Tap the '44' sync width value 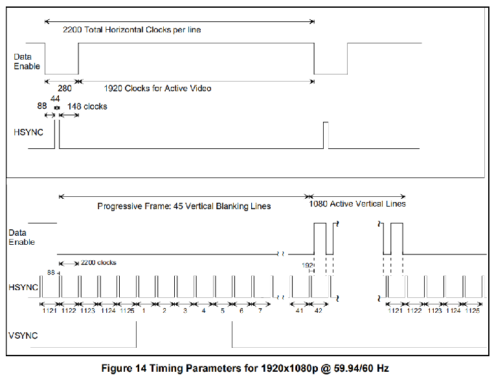(55, 98)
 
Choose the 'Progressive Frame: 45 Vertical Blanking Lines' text (184, 206)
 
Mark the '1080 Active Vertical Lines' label (357, 203)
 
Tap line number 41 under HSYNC (299, 311)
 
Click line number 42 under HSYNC (319, 311)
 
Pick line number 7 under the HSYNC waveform (260, 311)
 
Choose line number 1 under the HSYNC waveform (144, 311)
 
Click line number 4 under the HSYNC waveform (203, 311)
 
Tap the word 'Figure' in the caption (118, 367)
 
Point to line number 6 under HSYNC (241, 311)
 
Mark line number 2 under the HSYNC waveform (164, 311)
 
